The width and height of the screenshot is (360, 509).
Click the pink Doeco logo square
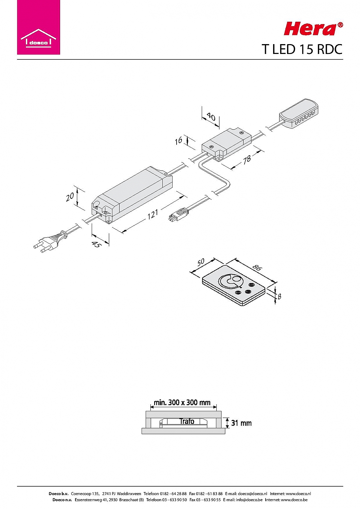click(38, 27)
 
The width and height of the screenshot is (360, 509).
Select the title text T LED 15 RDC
click(302, 49)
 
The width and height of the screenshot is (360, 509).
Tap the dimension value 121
click(152, 214)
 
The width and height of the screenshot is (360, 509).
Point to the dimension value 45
click(97, 245)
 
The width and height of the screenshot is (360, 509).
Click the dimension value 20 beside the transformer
click(70, 197)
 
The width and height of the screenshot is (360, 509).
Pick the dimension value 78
click(247, 159)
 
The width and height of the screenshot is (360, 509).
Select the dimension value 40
click(211, 117)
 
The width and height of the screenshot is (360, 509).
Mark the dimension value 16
click(179, 141)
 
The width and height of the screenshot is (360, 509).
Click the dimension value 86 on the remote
click(256, 267)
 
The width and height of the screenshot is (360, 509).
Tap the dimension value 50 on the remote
click(201, 262)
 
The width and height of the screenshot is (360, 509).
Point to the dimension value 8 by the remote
click(279, 296)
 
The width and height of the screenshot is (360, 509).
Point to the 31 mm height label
click(241, 423)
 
